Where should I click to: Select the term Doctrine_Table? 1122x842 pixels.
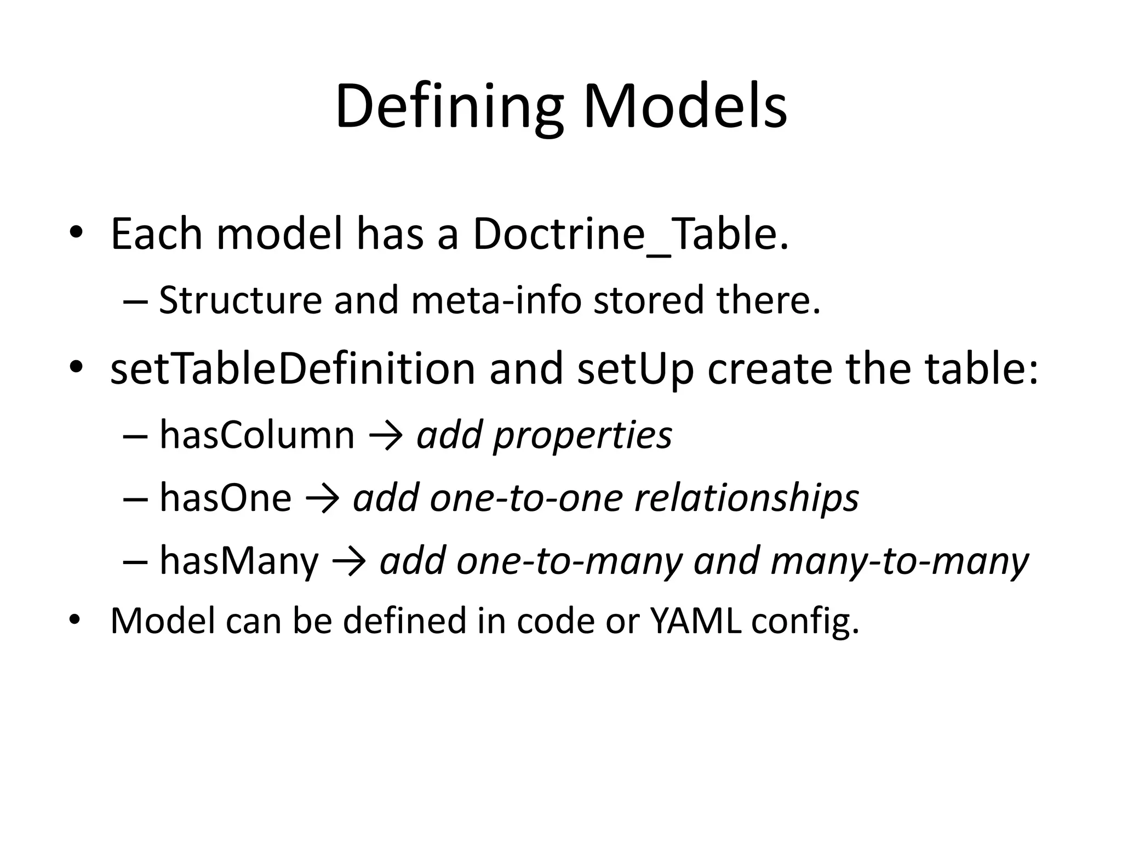630,235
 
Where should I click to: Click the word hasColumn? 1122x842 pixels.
257,435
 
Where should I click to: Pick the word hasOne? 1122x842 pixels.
225,498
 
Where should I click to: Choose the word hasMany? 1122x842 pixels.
239,561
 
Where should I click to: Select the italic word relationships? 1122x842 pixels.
746,499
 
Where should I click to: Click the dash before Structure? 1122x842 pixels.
135,301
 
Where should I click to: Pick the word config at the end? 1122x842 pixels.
804,622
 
